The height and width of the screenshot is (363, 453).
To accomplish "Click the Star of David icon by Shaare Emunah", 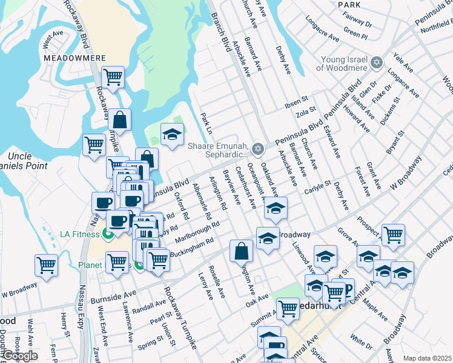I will coord(259,148).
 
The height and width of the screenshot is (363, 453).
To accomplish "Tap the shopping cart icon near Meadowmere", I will coord(113,77).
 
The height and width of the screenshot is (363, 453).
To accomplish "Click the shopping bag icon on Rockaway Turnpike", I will coord(120,120).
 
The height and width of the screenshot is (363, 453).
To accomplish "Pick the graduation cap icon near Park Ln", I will coord(172,134).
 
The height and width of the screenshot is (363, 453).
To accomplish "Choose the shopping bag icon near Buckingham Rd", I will coord(241,250).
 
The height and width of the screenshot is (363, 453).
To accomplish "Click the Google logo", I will coord(19,355).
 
